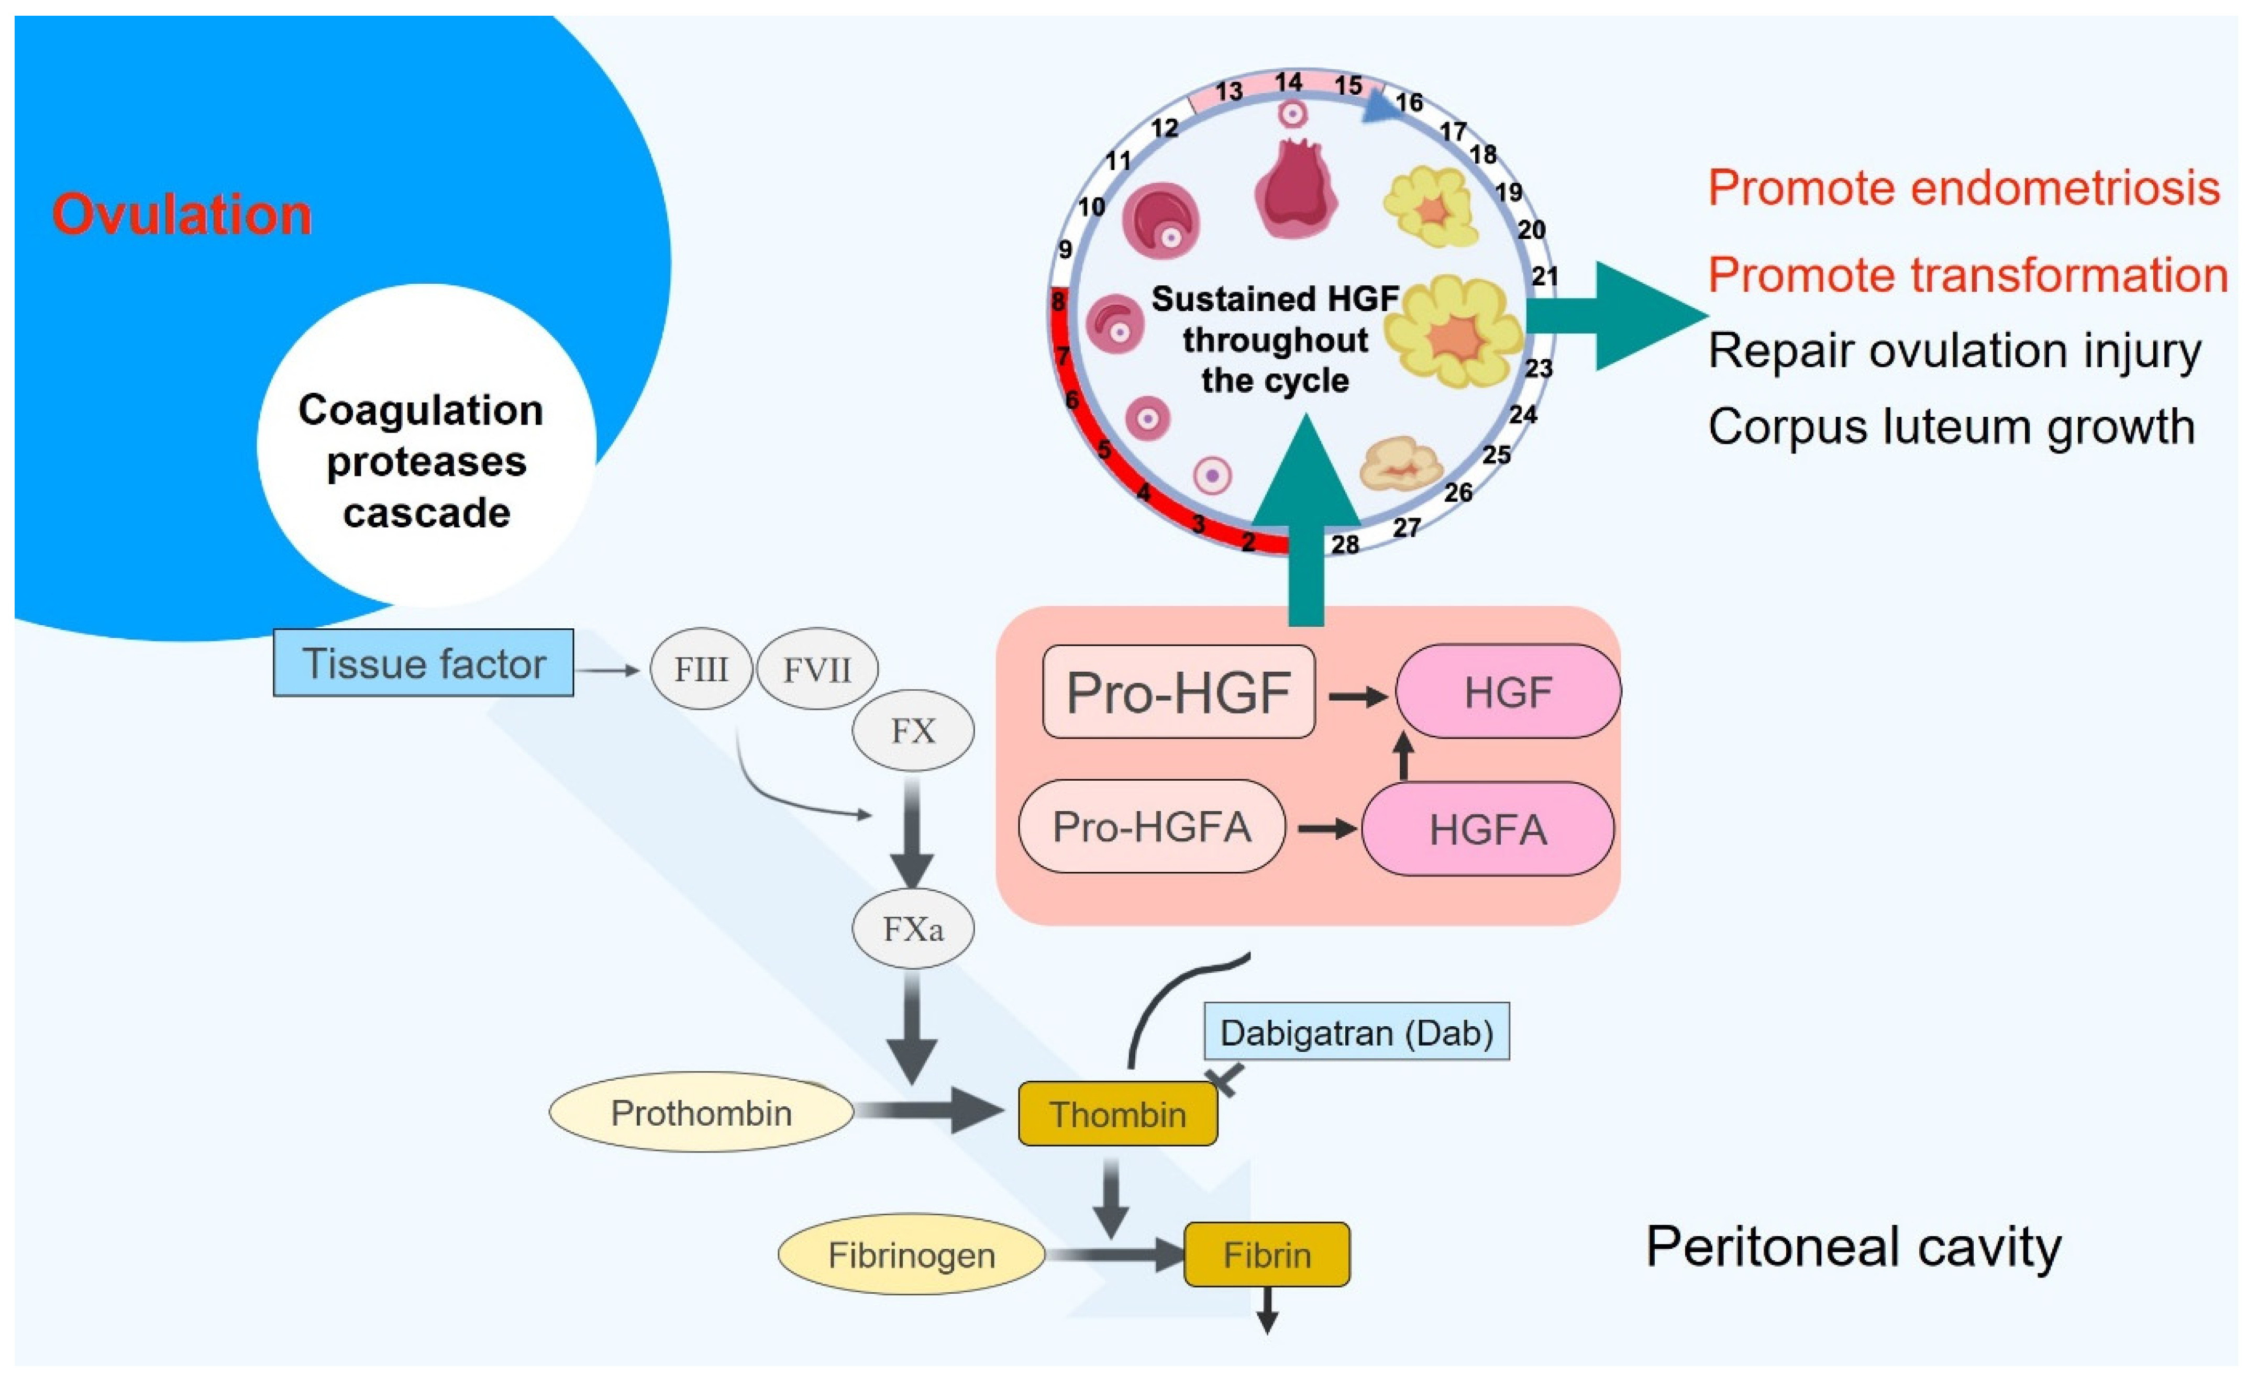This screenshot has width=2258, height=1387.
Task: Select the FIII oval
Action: (701, 669)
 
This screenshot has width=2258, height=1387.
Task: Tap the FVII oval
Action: (816, 669)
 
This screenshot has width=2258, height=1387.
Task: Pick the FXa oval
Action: (913, 928)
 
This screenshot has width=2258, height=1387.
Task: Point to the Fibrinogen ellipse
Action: (911, 1254)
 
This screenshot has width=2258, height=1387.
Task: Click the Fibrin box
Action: (1267, 1254)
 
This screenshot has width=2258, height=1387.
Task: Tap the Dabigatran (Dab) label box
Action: (1356, 1032)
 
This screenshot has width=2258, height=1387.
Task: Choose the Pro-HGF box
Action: (1179, 692)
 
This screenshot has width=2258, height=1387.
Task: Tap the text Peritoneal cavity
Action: (1853, 1247)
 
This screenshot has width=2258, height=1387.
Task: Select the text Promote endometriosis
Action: (1963, 188)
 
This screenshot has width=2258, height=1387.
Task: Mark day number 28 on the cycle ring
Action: (1345, 544)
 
